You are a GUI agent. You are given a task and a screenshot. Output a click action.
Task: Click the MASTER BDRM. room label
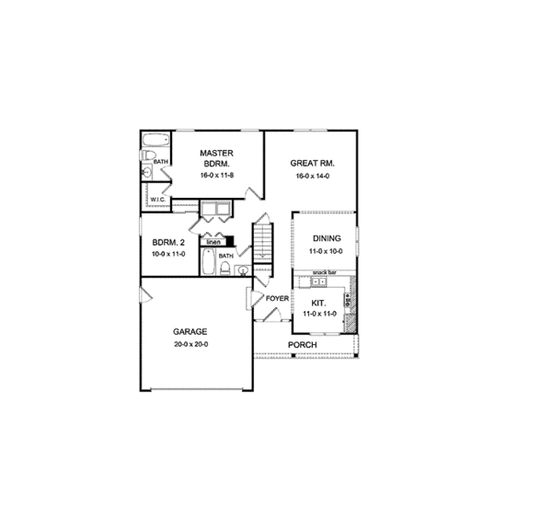pyautogui.click(x=217, y=157)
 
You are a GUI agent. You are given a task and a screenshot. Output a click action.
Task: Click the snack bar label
pyautogui.click(x=323, y=273)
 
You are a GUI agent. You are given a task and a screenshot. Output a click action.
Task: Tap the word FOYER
pyautogui.click(x=277, y=298)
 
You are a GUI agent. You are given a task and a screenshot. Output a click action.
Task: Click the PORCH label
pyautogui.click(x=303, y=345)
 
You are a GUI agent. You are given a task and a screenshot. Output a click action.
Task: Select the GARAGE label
pyautogui.click(x=190, y=331)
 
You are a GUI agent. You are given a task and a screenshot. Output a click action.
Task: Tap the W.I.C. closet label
pyautogui.click(x=157, y=198)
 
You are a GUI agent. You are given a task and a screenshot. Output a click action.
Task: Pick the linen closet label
pyautogui.click(x=213, y=242)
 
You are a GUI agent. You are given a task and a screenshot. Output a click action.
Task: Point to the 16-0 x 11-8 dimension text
pyautogui.click(x=217, y=174)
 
